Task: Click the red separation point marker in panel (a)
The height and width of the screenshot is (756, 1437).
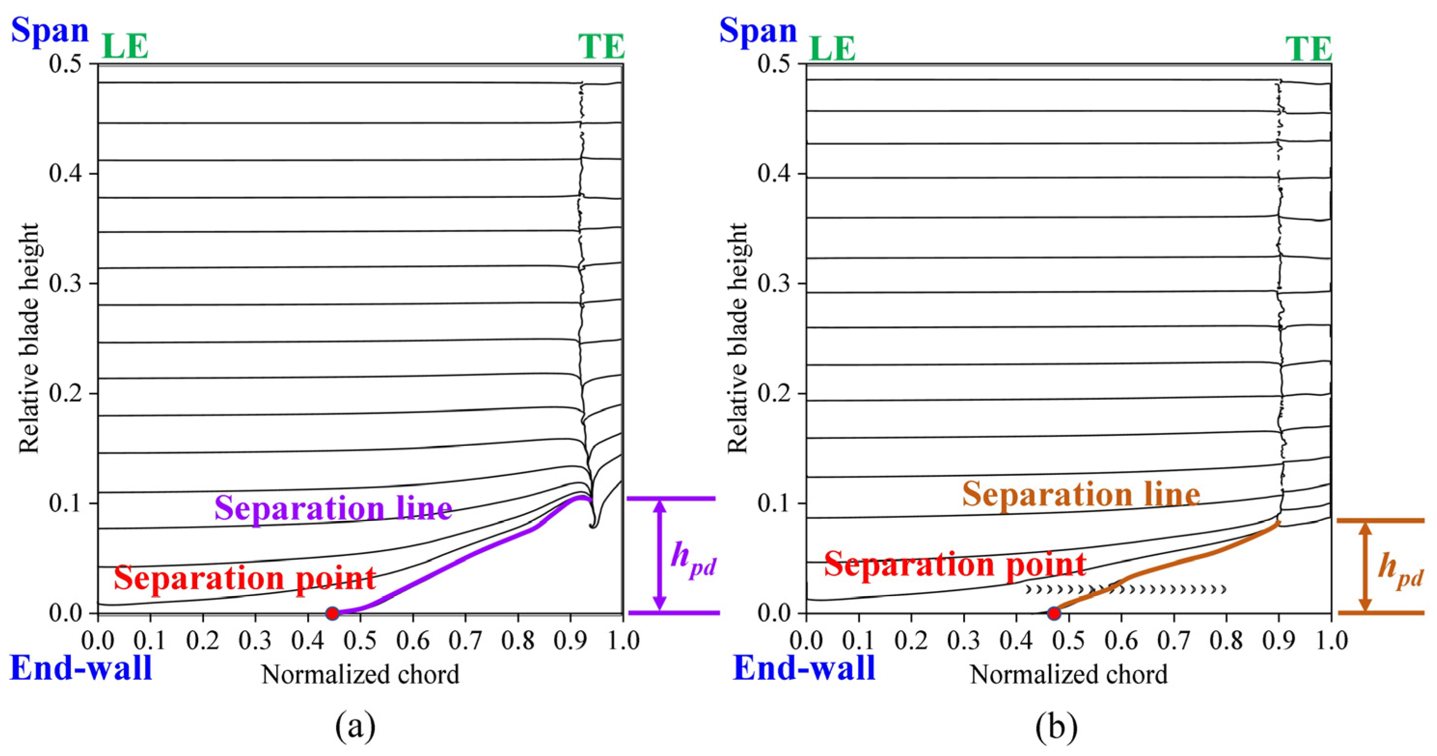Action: pyautogui.click(x=333, y=613)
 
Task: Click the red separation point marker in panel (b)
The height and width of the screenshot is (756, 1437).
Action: pyautogui.click(x=1054, y=613)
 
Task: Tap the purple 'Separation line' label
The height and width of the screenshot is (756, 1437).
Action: pyautogui.click(x=333, y=508)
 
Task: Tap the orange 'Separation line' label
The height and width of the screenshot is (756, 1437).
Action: pyautogui.click(x=1081, y=494)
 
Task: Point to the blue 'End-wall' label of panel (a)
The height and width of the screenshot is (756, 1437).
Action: pyautogui.click(x=81, y=668)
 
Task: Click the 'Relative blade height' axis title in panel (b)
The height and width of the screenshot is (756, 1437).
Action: pyautogui.click(x=738, y=338)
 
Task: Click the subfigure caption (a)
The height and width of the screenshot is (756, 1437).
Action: pyautogui.click(x=356, y=727)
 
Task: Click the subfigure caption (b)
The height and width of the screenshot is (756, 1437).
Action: pyautogui.click(x=1057, y=727)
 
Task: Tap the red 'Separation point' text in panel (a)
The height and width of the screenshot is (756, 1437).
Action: pyautogui.click(x=245, y=578)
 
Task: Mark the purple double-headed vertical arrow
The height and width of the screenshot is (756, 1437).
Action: pyautogui.click(x=660, y=555)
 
